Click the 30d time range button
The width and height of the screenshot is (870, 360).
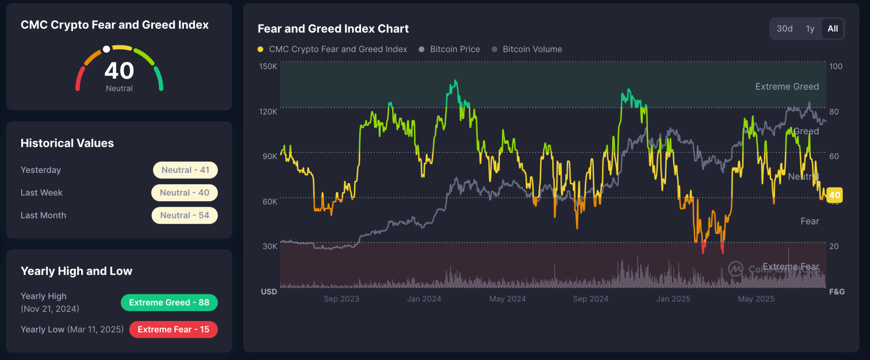pos(784,29)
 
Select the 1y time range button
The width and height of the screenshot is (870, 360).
pos(810,29)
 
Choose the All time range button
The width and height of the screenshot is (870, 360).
pos(833,29)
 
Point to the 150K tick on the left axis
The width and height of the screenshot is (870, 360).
pos(268,66)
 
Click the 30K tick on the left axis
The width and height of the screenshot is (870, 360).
pos(270,246)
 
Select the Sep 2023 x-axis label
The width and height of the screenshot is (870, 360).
pos(341,299)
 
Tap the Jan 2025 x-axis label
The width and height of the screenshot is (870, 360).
pos(673,299)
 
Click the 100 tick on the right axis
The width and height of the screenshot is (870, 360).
pos(836,66)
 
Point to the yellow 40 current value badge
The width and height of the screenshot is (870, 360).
pos(834,195)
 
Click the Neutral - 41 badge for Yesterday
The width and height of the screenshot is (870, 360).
pos(185,170)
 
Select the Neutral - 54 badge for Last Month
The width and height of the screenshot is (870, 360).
pos(185,215)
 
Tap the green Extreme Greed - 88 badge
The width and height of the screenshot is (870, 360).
pos(169,302)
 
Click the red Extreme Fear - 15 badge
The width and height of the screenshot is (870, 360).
pos(173,329)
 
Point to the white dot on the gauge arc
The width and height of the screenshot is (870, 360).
pos(106,49)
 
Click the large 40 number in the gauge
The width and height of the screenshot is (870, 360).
pos(119,71)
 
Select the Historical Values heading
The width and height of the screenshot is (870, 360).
pos(67,143)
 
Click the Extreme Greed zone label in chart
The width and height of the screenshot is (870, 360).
pos(787,87)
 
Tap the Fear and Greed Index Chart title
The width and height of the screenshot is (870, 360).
pos(333,29)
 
